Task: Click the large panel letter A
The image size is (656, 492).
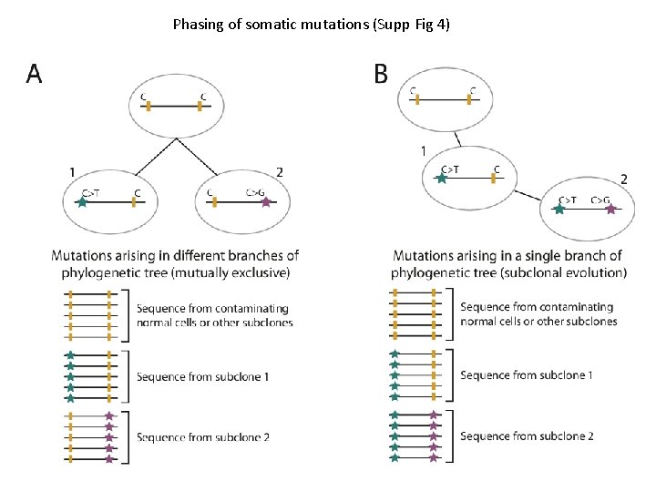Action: click(x=34, y=74)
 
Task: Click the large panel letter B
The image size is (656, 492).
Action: click(x=381, y=74)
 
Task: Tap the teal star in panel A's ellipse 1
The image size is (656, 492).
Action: click(x=83, y=202)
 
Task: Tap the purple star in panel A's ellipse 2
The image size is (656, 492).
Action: click(x=266, y=202)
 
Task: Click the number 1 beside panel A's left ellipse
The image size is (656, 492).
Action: click(x=72, y=170)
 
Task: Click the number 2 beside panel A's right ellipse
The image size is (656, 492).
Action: click(x=279, y=170)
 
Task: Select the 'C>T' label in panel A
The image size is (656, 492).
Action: click(x=91, y=191)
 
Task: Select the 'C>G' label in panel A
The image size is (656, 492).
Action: click(x=257, y=191)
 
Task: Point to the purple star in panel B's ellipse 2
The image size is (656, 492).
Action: click(x=610, y=210)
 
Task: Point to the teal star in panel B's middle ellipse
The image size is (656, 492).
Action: click(x=441, y=179)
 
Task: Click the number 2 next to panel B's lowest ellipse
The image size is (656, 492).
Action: click(x=623, y=179)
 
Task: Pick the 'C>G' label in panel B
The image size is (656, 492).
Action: click(x=600, y=199)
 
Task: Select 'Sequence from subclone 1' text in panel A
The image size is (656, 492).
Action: click(x=202, y=376)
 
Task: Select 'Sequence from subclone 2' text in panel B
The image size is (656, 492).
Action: click(x=527, y=436)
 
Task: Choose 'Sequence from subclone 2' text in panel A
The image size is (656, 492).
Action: click(x=202, y=437)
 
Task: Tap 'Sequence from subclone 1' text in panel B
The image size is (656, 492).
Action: click(x=527, y=374)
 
